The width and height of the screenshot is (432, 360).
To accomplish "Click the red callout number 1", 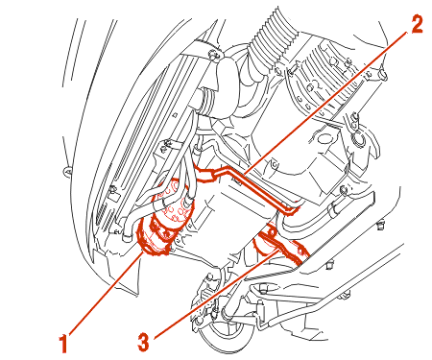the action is point(64,343).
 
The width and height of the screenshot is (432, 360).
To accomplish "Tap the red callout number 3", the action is point(143,342).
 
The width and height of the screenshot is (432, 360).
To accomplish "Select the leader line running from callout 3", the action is point(215,295).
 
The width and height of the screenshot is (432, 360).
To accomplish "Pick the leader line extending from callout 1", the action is point(105,293).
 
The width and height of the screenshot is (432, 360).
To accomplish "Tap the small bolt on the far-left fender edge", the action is point(67,172).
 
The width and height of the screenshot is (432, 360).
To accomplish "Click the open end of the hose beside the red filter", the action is point(128,237).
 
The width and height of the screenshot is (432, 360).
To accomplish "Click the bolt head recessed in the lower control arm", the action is point(263,290).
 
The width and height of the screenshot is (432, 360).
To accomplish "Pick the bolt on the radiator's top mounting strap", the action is point(213,55).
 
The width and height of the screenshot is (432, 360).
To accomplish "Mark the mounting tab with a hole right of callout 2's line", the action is point(275,165).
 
